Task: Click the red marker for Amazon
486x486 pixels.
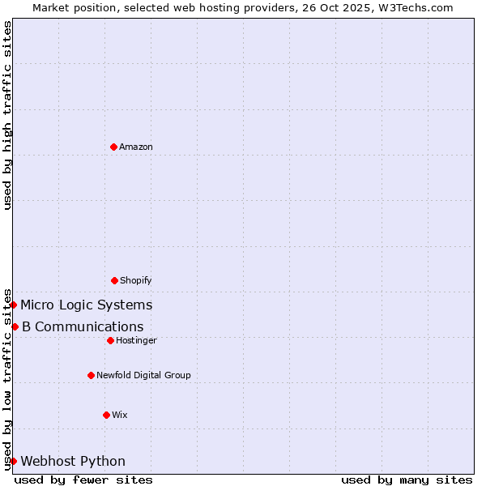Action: tap(113, 147)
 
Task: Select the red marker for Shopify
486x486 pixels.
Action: tap(114, 280)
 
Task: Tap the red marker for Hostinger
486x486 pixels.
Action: tap(110, 340)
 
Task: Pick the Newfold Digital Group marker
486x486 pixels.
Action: tap(91, 375)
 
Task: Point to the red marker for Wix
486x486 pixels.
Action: tap(106, 415)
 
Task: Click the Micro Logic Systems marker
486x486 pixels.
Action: tap(14, 305)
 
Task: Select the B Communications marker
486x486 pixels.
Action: tap(15, 326)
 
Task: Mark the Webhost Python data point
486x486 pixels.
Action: tap(14, 461)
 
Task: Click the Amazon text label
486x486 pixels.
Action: tap(136, 147)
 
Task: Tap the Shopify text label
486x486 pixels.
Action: tap(136, 280)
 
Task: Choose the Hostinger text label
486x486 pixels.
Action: tap(136, 340)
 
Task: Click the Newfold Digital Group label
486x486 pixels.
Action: tap(143, 375)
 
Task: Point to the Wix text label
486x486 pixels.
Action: tap(120, 415)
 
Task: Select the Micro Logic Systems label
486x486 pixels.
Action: tap(86, 305)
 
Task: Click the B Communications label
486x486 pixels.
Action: tap(83, 326)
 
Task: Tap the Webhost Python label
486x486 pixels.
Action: tap(73, 461)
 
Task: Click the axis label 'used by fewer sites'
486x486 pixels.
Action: tap(83, 480)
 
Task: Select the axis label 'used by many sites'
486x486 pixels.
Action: tap(407, 480)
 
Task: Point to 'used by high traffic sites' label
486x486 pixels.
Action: tap(7, 115)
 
